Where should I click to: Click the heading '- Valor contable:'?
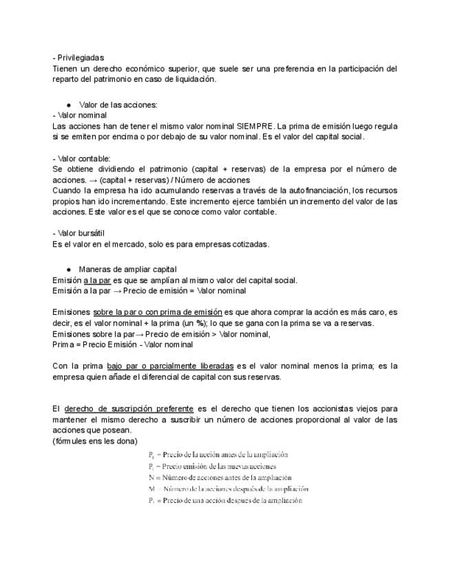(x=81, y=158)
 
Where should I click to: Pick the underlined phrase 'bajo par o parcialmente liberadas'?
(x=171, y=366)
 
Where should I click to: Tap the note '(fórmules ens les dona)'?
(x=95, y=441)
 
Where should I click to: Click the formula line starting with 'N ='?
(x=220, y=477)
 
